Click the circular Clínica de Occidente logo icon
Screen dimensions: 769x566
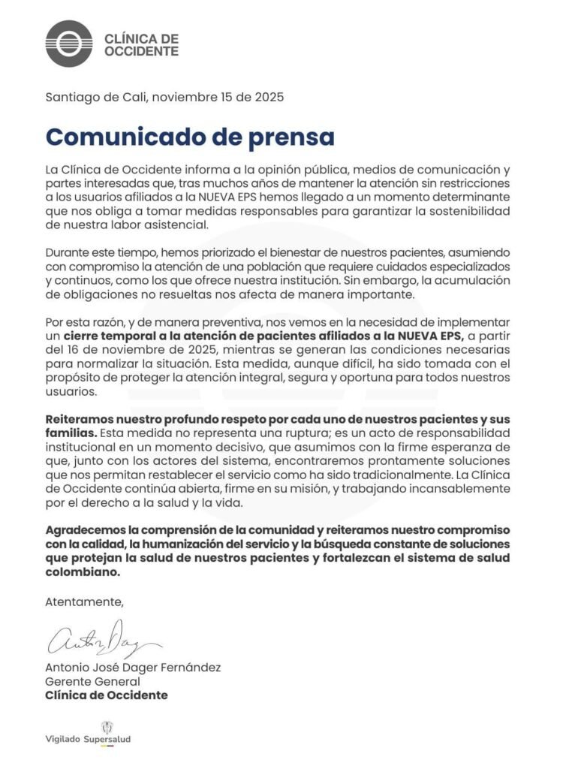[x=69, y=44]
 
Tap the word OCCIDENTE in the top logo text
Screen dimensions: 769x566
[x=141, y=52]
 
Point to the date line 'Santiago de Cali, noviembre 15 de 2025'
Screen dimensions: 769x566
[x=164, y=97]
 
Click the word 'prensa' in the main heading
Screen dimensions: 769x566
[x=283, y=137]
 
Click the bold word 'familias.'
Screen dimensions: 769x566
[x=71, y=434]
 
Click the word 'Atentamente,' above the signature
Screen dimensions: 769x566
[x=83, y=602]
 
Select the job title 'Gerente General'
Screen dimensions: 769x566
[x=92, y=681]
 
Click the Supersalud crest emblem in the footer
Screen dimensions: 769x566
[x=107, y=726]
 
